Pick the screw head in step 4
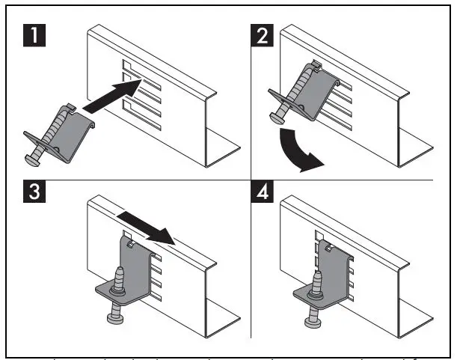pyautogui.click(x=313, y=323)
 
